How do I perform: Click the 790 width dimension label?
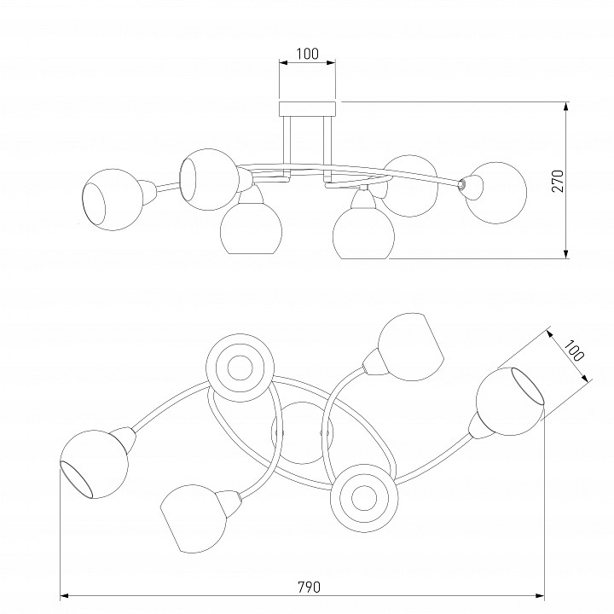[309, 587]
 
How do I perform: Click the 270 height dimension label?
[558, 181]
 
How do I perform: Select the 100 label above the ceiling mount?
[307, 54]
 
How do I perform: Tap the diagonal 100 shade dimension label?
[573, 350]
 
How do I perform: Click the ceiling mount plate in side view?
[307, 109]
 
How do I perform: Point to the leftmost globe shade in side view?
[111, 200]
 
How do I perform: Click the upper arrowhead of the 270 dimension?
[566, 107]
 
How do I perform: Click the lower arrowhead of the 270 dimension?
[566, 254]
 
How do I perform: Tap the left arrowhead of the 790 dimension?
[65, 596]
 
